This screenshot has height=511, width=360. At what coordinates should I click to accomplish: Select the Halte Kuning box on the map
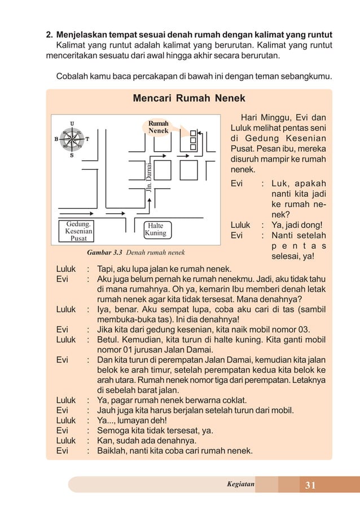155,229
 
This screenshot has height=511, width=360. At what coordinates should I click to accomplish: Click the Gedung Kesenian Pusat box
78,231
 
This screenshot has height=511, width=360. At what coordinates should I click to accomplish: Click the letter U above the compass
72,122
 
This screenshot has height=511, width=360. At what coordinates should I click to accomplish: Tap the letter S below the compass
72,156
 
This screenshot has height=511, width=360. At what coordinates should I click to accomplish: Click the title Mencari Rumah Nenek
188,98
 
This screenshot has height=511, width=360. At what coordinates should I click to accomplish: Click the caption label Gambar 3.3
104,252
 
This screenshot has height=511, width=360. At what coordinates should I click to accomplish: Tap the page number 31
310,485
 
